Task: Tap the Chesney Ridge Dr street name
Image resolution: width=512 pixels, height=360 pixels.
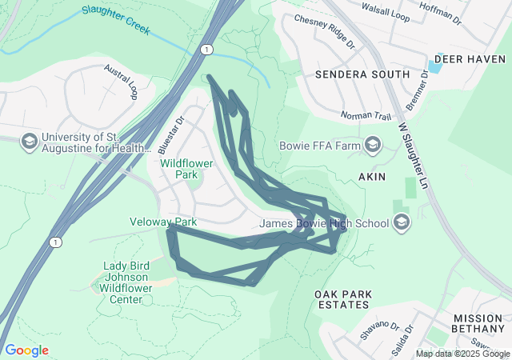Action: (x=324, y=30)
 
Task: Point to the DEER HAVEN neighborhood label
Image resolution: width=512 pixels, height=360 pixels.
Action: (x=470, y=59)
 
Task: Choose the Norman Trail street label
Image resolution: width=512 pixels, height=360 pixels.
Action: (x=366, y=117)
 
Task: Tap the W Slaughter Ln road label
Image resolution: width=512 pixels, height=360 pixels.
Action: (x=414, y=156)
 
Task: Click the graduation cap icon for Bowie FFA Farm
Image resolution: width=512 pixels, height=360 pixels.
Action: (x=372, y=145)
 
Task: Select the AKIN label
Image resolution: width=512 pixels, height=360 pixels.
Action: (x=372, y=176)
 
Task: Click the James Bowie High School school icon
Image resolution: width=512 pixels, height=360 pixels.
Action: (x=402, y=223)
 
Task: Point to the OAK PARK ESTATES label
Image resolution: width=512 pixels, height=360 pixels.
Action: (x=343, y=300)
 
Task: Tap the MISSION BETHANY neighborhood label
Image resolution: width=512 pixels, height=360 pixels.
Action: (x=478, y=323)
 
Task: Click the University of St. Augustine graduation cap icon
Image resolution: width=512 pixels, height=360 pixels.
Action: (x=29, y=141)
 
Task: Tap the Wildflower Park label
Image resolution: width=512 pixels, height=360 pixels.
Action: (x=190, y=168)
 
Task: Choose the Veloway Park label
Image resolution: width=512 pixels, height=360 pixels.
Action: (x=163, y=222)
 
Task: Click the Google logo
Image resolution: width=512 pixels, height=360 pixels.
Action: (x=26, y=350)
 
